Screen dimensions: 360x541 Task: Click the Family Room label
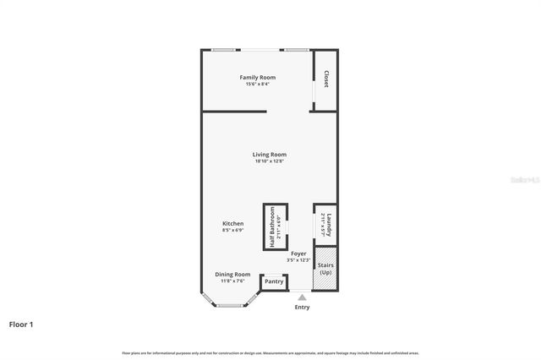[257, 78]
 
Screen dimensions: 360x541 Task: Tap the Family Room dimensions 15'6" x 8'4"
[257, 84]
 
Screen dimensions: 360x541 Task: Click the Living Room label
[270, 155]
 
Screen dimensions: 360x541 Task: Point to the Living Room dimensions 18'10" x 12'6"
[270, 161]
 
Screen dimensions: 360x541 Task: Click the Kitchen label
[233, 224]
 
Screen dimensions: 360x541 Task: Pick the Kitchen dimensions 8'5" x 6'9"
[233, 230]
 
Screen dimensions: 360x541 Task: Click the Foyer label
[298, 254]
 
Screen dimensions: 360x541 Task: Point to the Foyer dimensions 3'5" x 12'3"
[298, 259]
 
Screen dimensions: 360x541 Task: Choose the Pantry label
[274, 281]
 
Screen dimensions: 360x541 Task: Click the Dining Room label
[232, 275]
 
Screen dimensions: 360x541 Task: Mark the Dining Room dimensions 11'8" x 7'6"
[232, 281]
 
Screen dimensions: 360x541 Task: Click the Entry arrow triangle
[302, 297]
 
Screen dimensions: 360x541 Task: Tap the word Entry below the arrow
[302, 307]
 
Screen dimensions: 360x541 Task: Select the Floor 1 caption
[21, 324]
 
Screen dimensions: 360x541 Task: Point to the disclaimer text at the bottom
[270, 352]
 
